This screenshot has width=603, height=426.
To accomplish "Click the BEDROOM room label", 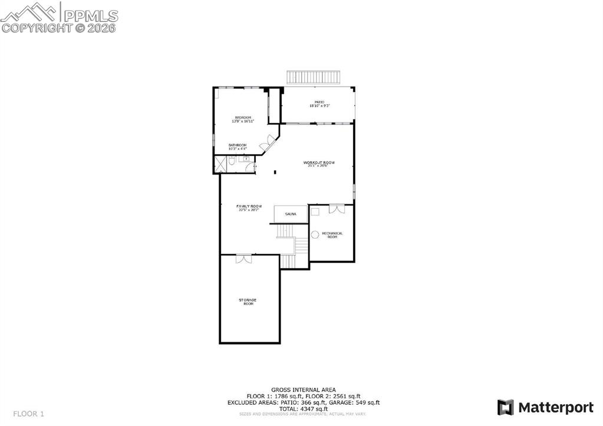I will point(243,118).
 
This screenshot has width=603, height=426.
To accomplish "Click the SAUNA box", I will point(291,214).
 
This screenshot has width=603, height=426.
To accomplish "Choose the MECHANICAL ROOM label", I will point(332,235).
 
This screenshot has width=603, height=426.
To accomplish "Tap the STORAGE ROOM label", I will point(248,301).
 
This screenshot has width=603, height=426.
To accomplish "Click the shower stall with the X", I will point(220,164).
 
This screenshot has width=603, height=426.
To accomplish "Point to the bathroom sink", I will point(246,159).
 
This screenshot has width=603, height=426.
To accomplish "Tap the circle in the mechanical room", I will point(315,235).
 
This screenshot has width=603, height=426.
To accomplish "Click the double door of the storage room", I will point(243,259).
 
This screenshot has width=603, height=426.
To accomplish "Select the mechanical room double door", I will point(336,208).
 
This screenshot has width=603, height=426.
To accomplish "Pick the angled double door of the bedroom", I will point(271,141).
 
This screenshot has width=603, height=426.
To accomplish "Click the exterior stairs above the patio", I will point(314,77).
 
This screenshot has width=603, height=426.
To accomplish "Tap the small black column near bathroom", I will point(275,173).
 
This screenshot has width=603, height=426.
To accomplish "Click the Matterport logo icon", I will point(505,407).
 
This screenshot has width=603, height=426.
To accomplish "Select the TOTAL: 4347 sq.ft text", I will point(304,408).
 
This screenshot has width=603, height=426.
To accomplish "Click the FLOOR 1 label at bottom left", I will point(29,414).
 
